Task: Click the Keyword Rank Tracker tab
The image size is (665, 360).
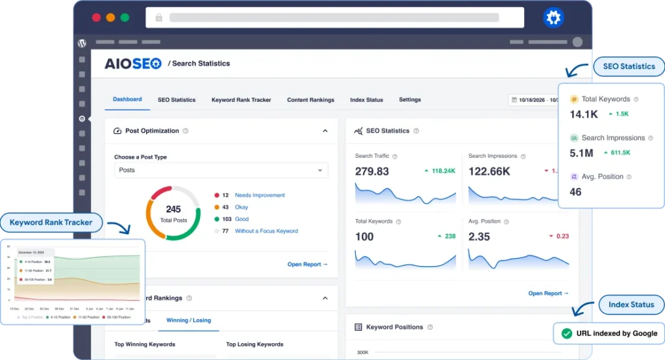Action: click(241, 100)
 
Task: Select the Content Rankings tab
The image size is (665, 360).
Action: click(310, 100)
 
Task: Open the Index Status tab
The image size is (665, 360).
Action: click(366, 100)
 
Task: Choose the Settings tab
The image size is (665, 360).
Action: click(410, 100)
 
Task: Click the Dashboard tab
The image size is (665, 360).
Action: click(127, 99)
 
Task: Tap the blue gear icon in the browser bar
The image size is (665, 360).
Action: click(553, 18)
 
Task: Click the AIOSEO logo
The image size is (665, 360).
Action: click(133, 64)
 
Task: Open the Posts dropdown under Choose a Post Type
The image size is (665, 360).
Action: click(221, 170)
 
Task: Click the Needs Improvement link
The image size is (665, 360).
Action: click(260, 195)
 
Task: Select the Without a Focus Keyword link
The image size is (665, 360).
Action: click(266, 231)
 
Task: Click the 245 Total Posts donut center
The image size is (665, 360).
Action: click(173, 213)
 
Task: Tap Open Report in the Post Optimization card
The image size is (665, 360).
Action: click(307, 264)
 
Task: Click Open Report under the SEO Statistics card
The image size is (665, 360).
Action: click(548, 293)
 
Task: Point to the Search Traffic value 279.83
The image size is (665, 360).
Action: click(372, 172)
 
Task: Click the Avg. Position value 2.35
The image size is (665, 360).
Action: click(479, 237)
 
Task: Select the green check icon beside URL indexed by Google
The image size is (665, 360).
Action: click(566, 333)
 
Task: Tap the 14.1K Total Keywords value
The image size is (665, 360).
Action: click(583, 114)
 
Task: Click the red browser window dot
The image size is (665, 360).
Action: click(96, 18)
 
